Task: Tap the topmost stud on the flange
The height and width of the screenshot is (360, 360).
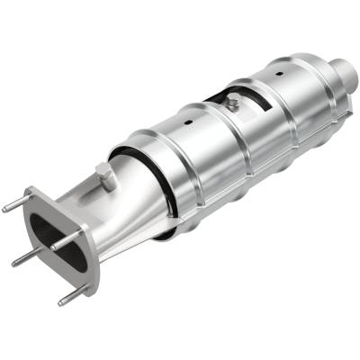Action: (11, 207)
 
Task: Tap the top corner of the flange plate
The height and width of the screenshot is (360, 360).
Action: (33, 192)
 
